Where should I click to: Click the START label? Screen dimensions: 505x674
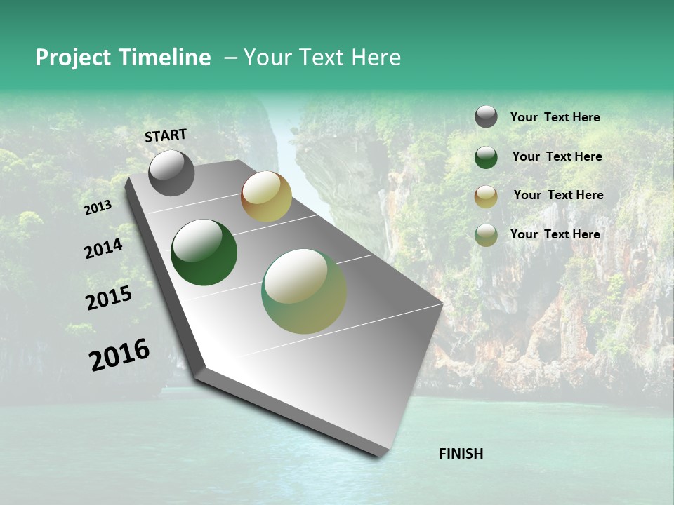tap(166, 135)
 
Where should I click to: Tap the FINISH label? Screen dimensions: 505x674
tap(461, 454)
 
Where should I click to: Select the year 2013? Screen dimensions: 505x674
tap(98, 208)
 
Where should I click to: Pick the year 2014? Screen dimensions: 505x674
tap(103, 249)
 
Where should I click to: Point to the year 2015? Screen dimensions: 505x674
tap(109, 298)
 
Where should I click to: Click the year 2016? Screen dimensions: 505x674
tap(119, 355)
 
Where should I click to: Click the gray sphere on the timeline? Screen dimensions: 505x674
tap(171, 173)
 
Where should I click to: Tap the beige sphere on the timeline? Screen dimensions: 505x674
tap(266, 197)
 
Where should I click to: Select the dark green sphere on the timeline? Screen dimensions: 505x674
tap(204, 252)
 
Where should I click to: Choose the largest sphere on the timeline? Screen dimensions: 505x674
tap(304, 291)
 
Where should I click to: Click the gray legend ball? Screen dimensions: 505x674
tap(486, 116)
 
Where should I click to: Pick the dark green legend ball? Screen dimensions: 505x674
tap(486, 157)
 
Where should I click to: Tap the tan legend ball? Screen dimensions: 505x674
tap(486, 196)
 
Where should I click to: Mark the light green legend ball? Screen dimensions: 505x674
tap(486, 235)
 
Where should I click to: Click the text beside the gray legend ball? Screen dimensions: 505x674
tap(555, 117)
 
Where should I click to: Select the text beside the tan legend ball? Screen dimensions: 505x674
tap(558, 195)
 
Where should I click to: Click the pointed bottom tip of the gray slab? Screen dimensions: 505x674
tap(380, 456)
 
